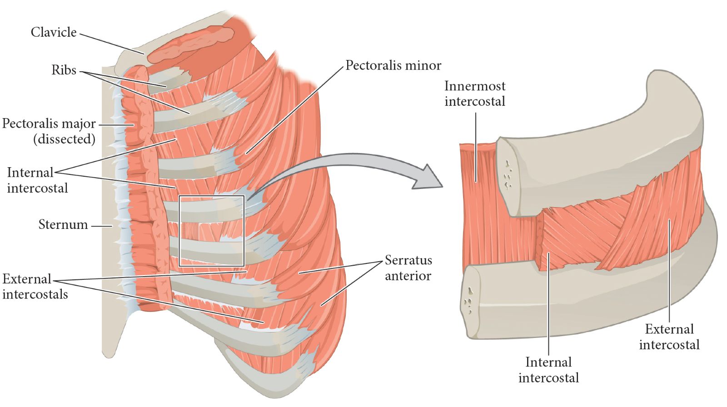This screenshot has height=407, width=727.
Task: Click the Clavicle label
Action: pyautogui.click(x=54, y=32)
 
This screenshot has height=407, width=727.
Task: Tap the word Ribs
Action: pyautogui.click(x=64, y=70)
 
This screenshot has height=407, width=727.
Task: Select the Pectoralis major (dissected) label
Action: pyautogui.click(x=49, y=131)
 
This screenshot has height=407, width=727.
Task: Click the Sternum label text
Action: pyautogui.click(x=63, y=224)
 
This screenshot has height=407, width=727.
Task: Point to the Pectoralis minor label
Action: pyautogui.click(x=393, y=65)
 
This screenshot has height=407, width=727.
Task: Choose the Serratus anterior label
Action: pyautogui.click(x=408, y=268)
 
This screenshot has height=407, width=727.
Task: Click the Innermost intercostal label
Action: pyautogui.click(x=474, y=93)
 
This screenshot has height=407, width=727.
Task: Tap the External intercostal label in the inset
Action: pyautogui.click(x=669, y=337)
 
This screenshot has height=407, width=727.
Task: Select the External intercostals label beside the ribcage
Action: pyautogui.click(x=35, y=286)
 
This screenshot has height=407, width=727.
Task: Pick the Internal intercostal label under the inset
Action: pyautogui.click(x=548, y=370)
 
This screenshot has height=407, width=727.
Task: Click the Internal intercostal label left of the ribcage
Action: pyautogui.click(x=37, y=180)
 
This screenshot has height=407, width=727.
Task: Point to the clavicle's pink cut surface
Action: pyautogui.click(x=191, y=45)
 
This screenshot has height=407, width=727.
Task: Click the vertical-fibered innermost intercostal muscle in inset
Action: pyautogui.click(x=477, y=204)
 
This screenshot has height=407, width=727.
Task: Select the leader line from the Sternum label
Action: pyautogui.click(x=101, y=225)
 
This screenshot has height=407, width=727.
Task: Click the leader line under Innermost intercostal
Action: pyautogui.click(x=476, y=145)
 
